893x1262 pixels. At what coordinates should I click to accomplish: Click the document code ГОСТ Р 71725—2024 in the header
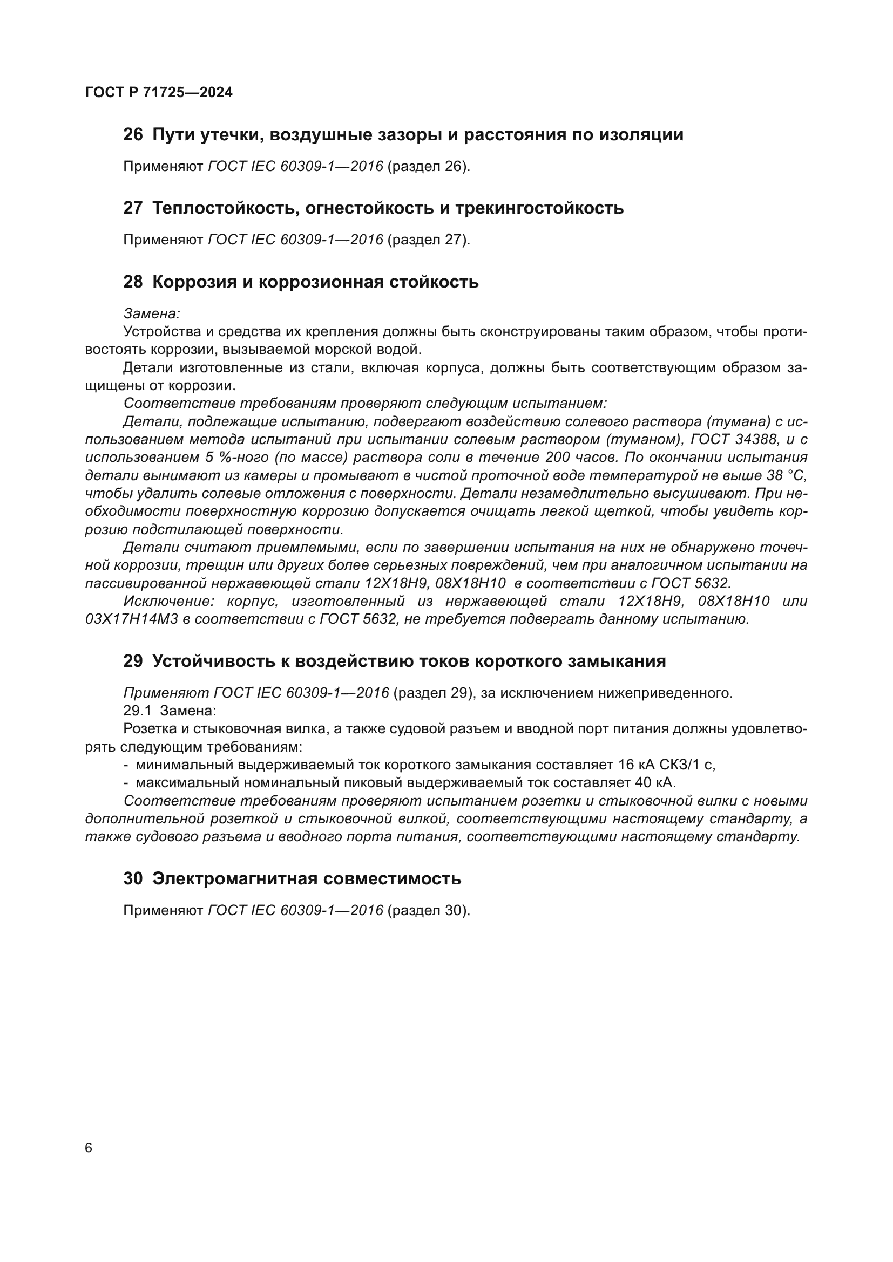(159, 92)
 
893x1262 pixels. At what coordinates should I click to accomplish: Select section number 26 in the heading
(133, 135)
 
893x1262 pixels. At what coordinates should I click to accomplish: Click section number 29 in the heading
(133, 661)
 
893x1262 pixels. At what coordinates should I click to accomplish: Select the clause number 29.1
(138, 711)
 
